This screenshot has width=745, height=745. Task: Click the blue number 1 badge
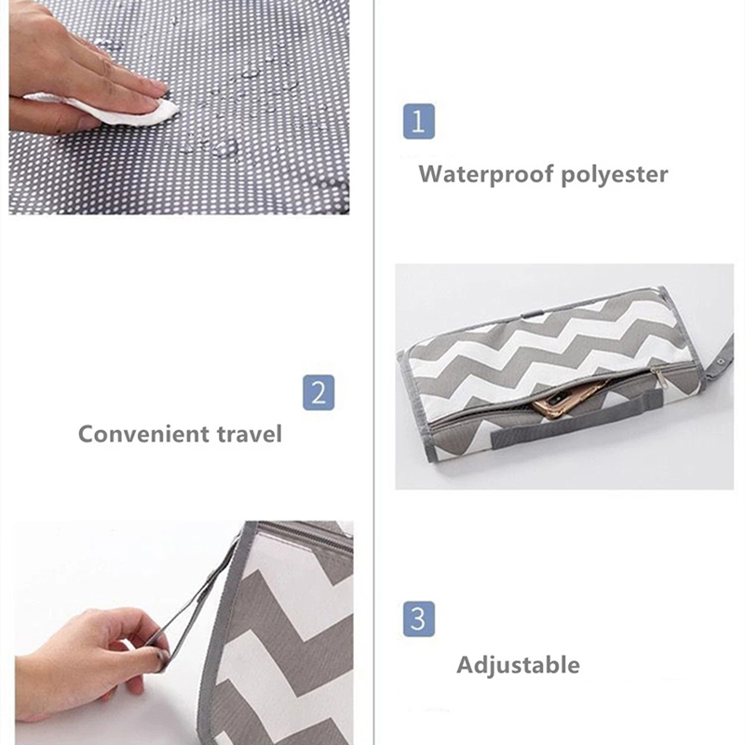[418, 121]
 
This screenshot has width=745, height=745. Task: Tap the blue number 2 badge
[318, 392]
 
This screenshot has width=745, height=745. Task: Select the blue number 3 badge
[418, 618]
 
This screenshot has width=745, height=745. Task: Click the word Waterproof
[486, 174]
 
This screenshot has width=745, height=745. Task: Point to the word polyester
[615, 175]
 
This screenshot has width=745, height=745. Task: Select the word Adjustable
[518, 665]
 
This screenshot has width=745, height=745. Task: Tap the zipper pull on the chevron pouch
[658, 375]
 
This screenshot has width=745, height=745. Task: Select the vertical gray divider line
[374, 372]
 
